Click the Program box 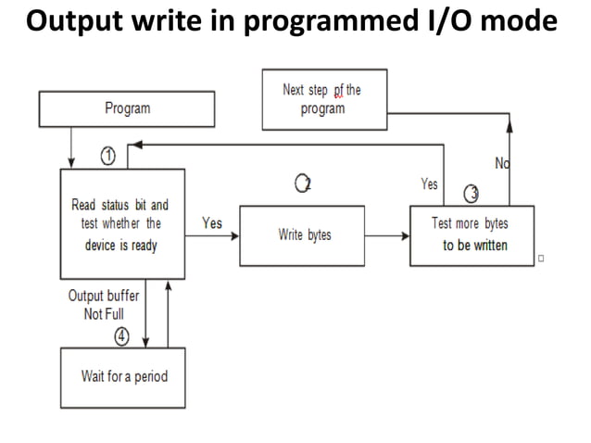pos(128,109)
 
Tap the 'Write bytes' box pos(305,235)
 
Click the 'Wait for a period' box pos(124,376)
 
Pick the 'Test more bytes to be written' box pos(472,235)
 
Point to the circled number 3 pos(471,192)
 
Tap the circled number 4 pos(120,336)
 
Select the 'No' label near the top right pos(502,164)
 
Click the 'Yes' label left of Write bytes pos(211,222)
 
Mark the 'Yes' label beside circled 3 pos(429,184)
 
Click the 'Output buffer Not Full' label pos(103,305)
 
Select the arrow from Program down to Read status pos(70,146)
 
